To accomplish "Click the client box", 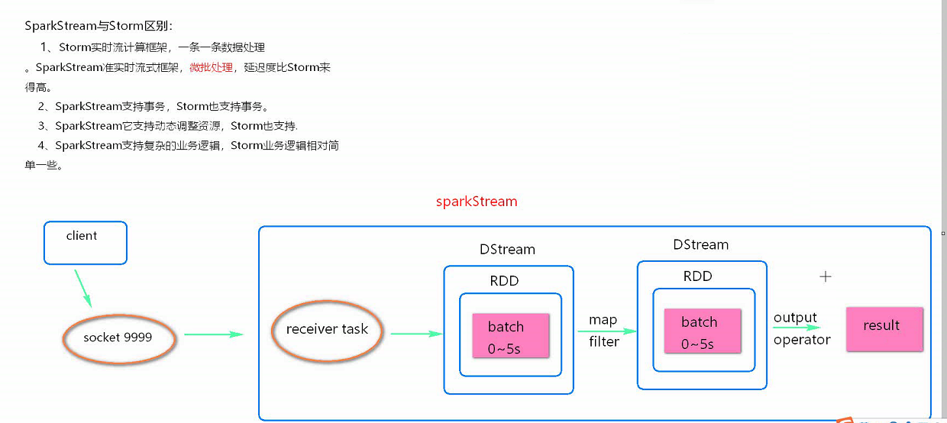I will [x=85, y=243].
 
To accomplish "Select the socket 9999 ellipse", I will [x=118, y=337].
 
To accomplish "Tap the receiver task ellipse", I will [x=327, y=330].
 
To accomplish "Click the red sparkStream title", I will [x=477, y=202].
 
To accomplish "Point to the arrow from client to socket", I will [x=83, y=287].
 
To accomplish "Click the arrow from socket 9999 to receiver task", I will [x=213, y=334].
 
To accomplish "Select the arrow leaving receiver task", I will [x=416, y=334].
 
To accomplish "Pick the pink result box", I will [x=884, y=329].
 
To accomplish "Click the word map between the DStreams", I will [x=603, y=320].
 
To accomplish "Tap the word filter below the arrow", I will [x=603, y=342].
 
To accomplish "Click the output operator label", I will [x=801, y=329].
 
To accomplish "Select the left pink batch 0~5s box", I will [x=510, y=335].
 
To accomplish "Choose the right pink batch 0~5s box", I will [x=702, y=331].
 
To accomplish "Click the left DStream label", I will [x=507, y=250].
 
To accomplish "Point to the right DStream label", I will [x=700, y=245].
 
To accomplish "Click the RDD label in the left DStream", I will [x=504, y=281].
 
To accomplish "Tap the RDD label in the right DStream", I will [x=697, y=276].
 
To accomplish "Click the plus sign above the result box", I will [x=825, y=277].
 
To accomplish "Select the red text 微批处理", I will [x=211, y=67].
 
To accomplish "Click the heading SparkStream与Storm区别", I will [x=99, y=26].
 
